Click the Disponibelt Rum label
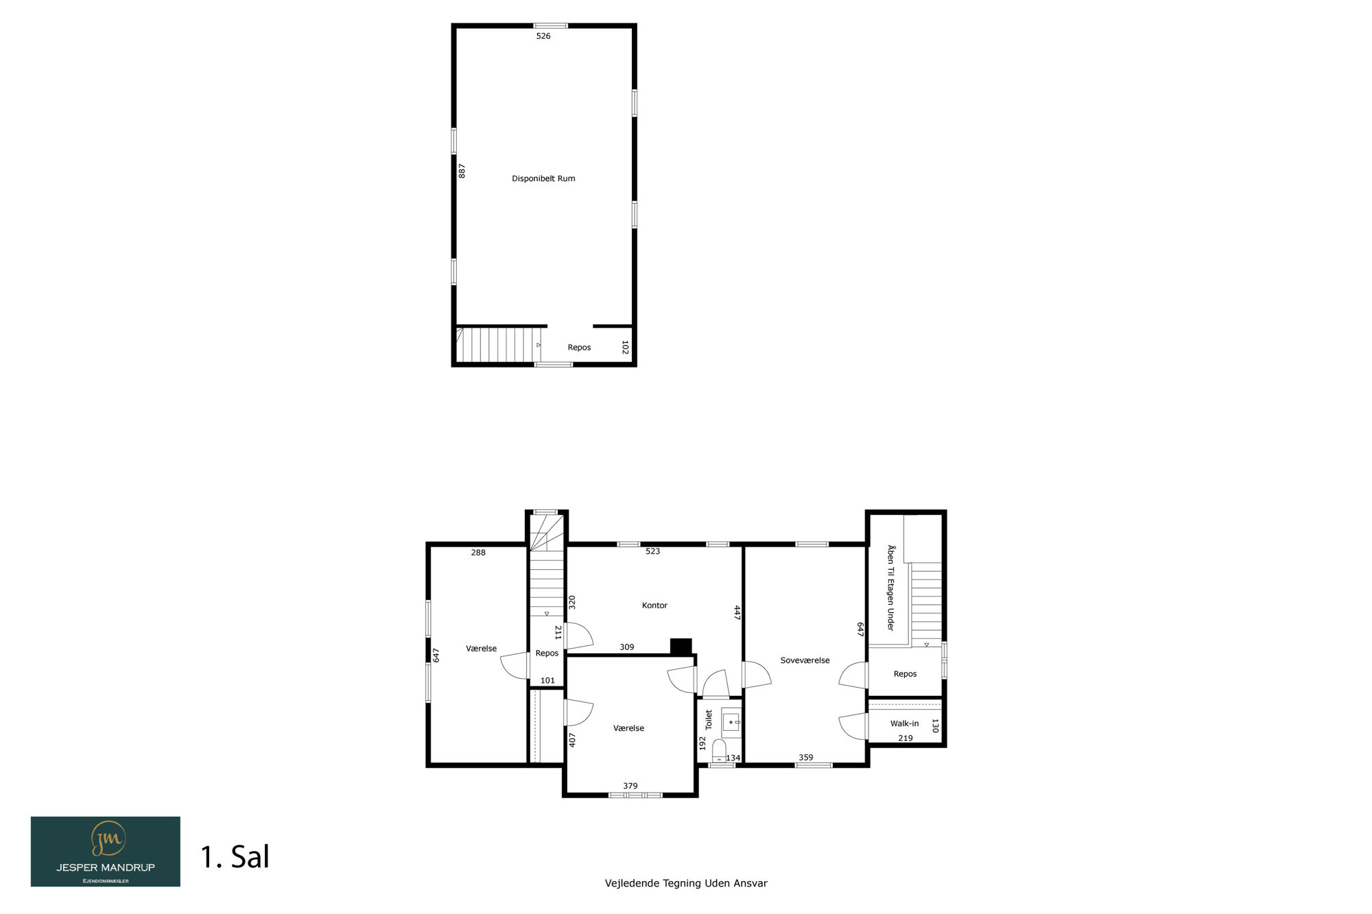[x=543, y=178]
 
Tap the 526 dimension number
[x=543, y=36]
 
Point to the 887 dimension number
[x=462, y=171]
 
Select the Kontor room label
[x=654, y=605]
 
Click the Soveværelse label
[x=805, y=660]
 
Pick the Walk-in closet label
[x=904, y=723]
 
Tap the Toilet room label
[x=709, y=719]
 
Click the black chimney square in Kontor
[x=681, y=647]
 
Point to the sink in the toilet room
[x=731, y=722]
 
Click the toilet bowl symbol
[x=719, y=749]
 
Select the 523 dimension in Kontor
[x=652, y=551]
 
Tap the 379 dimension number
[x=630, y=786]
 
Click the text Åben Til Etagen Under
[x=890, y=588]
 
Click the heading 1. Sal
[x=235, y=857]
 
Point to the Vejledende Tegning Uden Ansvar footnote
[x=686, y=883]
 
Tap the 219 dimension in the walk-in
[x=906, y=738]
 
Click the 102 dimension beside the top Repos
[x=625, y=348]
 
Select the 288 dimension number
[x=478, y=553]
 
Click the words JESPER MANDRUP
[x=106, y=867]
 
